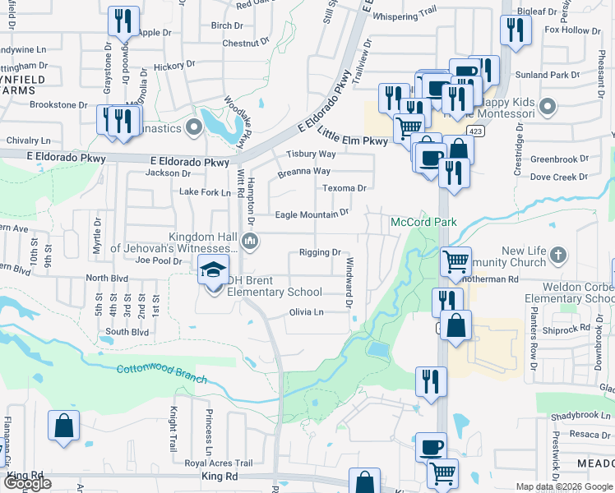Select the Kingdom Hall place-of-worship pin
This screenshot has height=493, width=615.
pos(251,242)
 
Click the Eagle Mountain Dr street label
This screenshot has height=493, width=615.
pos(312,214)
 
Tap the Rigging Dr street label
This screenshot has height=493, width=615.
pos(320,252)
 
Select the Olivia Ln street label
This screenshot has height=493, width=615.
pos(306,312)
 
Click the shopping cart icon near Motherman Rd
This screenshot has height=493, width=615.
pos(455,261)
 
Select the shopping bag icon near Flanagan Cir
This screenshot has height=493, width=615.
pos(64,425)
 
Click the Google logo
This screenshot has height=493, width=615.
pos(27,483)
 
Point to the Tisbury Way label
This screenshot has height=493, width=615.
pos(311,154)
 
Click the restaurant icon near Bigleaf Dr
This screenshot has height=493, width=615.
pos(515,30)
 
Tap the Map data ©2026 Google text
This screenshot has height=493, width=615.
pos(564,486)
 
